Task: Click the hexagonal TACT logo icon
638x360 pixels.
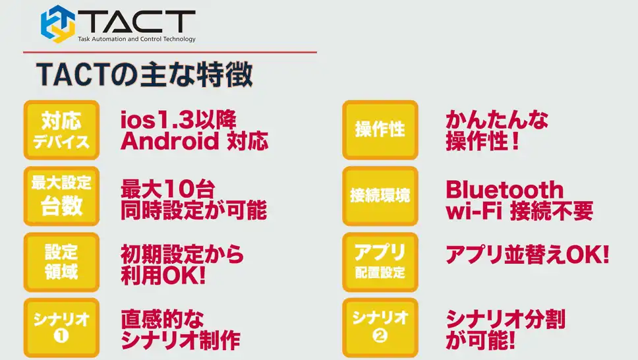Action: [58, 24]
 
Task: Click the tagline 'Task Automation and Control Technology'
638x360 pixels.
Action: [136, 39]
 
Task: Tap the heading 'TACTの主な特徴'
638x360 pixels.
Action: [144, 75]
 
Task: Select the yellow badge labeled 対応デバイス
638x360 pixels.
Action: [61, 130]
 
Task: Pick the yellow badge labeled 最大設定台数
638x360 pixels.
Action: [61, 196]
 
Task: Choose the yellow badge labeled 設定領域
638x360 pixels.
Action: [61, 262]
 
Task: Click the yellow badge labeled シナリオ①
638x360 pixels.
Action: [61, 328]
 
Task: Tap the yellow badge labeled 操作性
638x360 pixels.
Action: [380, 130]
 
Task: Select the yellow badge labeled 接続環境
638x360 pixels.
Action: [380, 196]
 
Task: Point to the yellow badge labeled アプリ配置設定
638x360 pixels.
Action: [380, 262]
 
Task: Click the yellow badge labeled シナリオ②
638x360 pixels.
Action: [380, 328]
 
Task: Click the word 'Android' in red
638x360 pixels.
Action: [170, 141]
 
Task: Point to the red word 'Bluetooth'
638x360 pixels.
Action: [505, 190]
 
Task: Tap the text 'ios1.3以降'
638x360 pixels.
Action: [178, 120]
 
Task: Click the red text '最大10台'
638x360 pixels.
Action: [167, 189]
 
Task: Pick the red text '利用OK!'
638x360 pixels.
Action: [163, 276]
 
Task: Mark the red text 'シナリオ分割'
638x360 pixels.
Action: [506, 319]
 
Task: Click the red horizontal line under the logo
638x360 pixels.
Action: [170, 52]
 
